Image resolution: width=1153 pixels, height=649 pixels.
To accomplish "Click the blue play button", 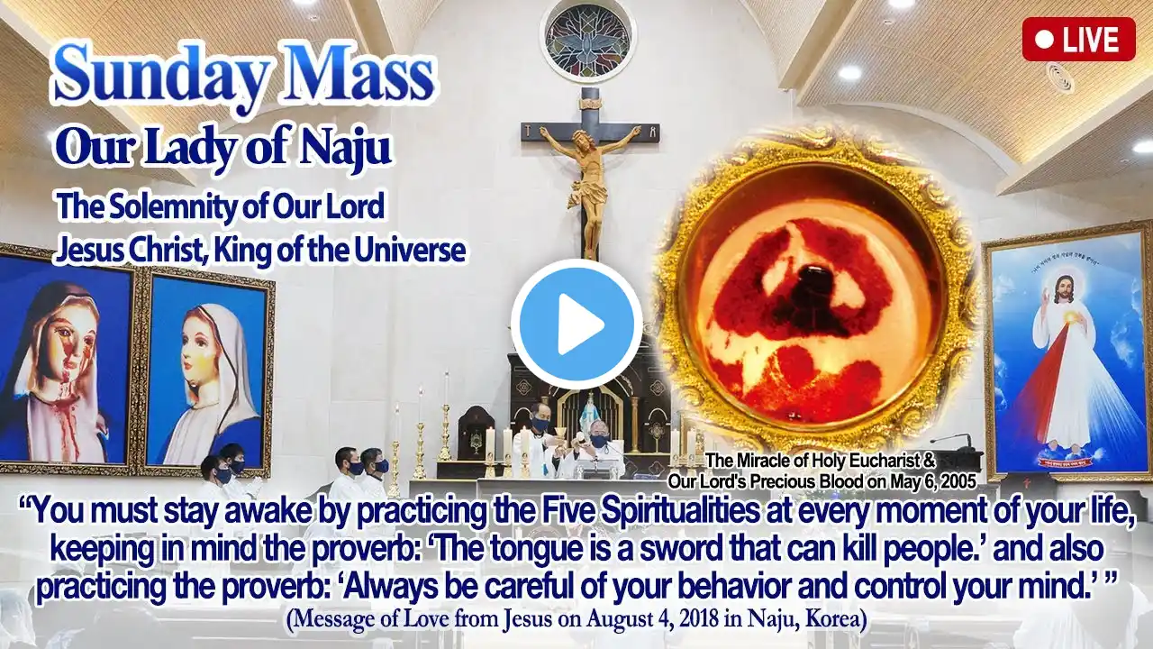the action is pyautogui.click(x=576, y=324).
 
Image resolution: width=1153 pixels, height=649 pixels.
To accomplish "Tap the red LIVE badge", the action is pyautogui.click(x=1079, y=39).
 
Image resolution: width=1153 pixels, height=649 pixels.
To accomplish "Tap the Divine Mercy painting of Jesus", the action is pyautogui.click(x=1068, y=352).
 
